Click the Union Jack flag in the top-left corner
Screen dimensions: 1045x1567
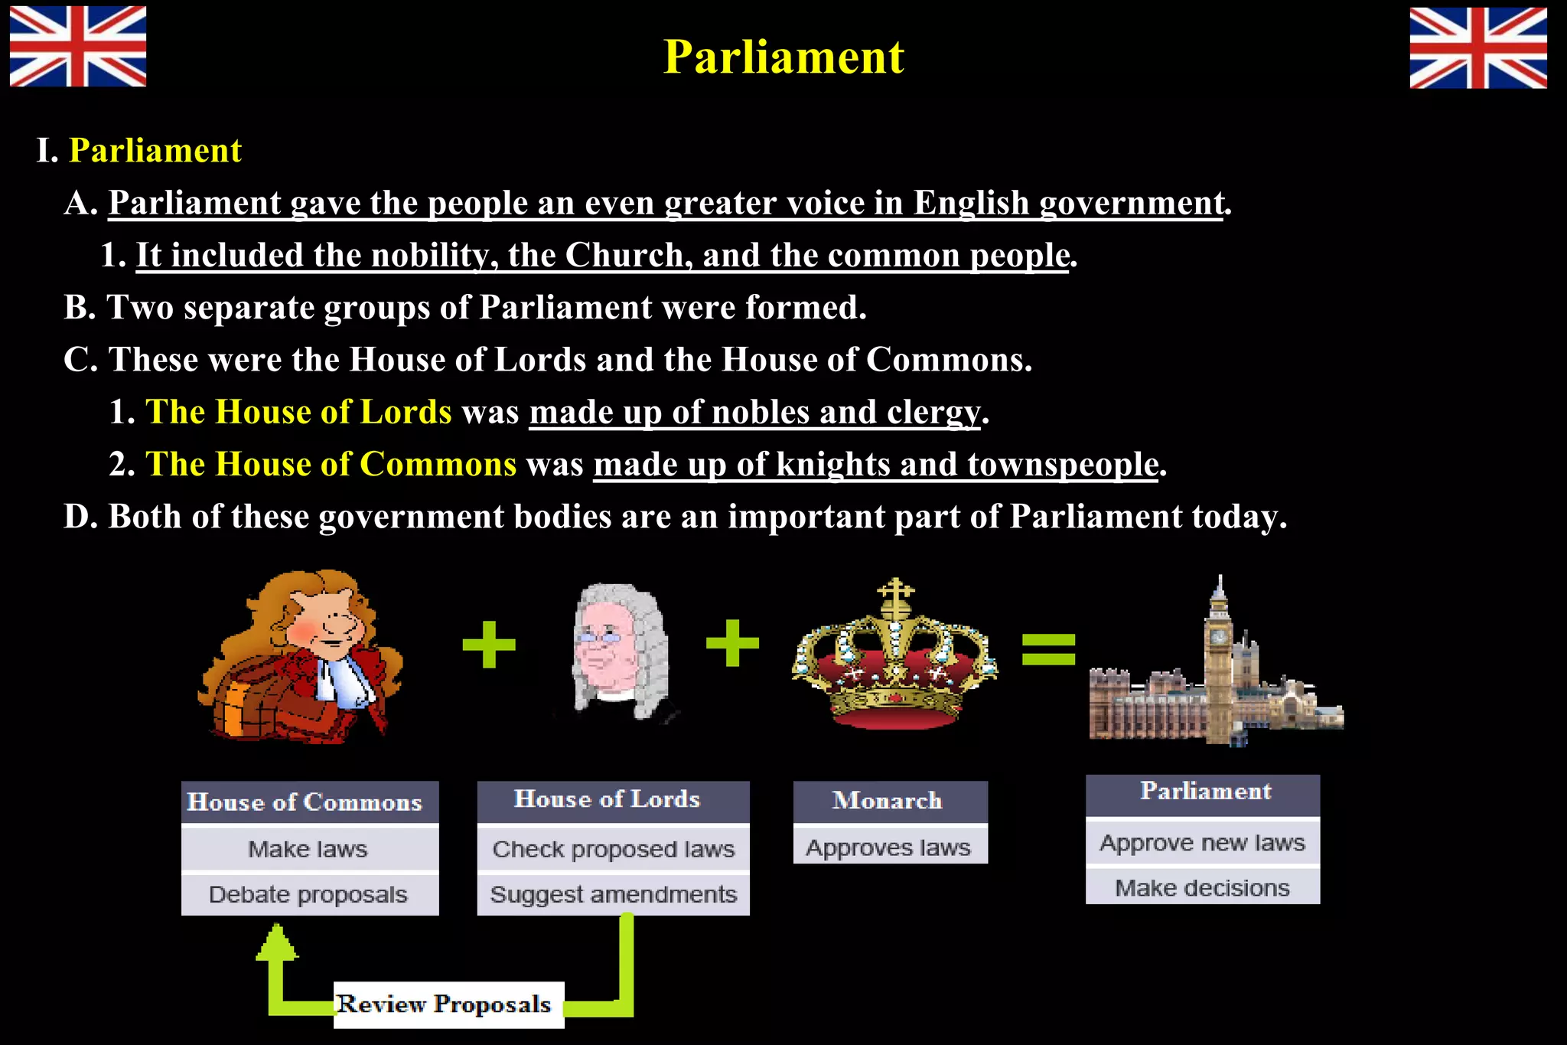78,47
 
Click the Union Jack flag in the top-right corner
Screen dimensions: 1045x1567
1477,47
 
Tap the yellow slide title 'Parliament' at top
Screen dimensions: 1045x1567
783,57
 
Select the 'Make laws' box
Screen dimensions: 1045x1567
309,849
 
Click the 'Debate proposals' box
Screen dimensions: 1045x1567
309,894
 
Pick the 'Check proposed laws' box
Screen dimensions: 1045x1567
613,849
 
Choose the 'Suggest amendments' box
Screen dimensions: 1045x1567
613,894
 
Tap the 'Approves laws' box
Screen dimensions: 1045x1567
889,847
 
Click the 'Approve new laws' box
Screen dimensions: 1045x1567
1202,843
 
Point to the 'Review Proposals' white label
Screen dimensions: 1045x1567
448,1004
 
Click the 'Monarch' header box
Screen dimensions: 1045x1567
889,801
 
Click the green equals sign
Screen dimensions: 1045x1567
1048,648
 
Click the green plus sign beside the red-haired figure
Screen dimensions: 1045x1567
489,644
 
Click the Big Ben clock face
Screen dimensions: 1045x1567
1217,636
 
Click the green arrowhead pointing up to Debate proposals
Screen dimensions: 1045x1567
276,942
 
